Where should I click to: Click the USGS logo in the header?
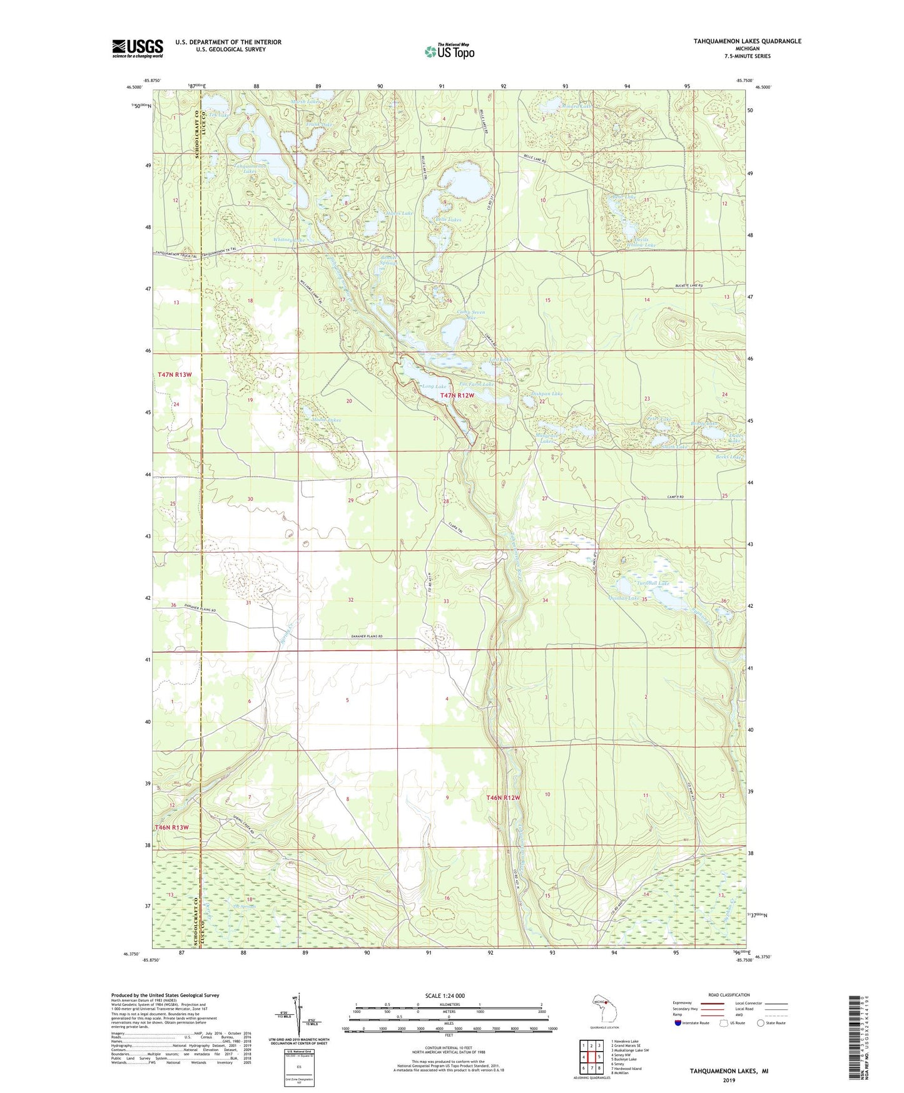click(138, 48)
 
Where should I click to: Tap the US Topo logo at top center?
click(449, 51)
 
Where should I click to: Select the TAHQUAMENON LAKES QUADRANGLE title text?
click(747, 41)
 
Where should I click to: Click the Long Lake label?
click(434, 386)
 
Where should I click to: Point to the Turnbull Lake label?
click(653, 583)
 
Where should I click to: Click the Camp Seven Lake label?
click(470, 315)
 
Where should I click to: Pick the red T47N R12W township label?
click(457, 396)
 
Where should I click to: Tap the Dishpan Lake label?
click(546, 394)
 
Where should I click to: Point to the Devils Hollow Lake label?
click(638, 242)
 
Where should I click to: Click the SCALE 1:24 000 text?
click(445, 995)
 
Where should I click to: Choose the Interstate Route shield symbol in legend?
click(679, 1023)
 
